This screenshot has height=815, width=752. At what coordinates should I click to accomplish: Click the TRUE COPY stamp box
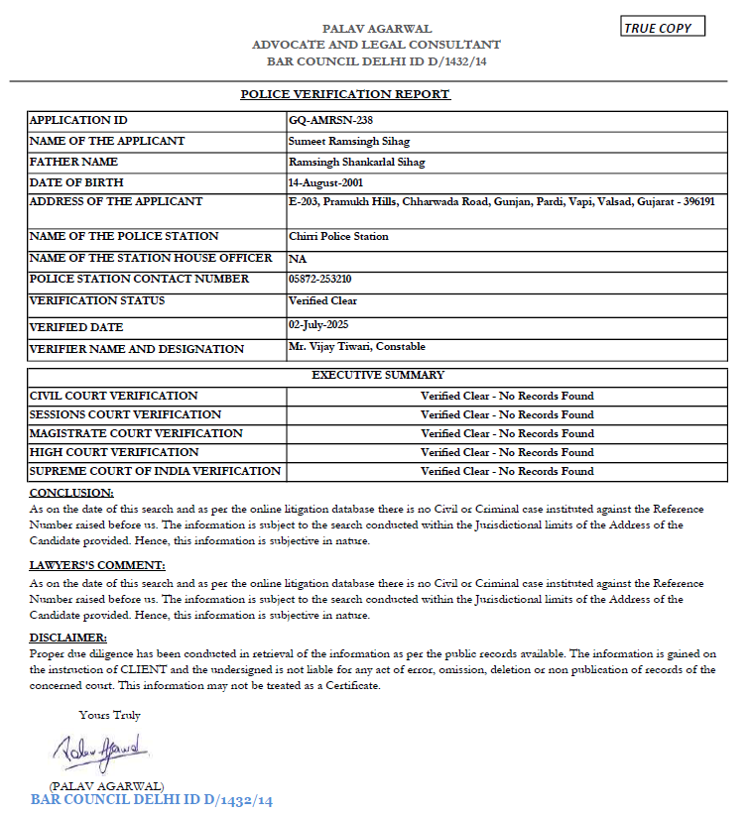coord(663,28)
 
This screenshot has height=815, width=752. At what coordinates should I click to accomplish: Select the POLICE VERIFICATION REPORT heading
coord(345,94)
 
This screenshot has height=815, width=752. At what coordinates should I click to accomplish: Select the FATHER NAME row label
coord(73,162)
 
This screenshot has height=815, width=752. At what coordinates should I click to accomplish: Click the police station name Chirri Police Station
coord(338,237)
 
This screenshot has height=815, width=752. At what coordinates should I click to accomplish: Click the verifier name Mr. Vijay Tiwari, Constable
coord(357,346)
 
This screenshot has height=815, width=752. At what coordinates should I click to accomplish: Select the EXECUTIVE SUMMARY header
coord(378,376)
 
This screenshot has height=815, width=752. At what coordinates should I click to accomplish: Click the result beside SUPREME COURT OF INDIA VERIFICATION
coord(507,471)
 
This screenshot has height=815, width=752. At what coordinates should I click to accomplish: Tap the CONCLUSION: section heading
coord(71,493)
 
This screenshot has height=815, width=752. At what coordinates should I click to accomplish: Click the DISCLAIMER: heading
coord(67,638)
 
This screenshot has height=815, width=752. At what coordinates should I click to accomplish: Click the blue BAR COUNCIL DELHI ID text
coord(152,800)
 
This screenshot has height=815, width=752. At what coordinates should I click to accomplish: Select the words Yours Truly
coord(110,715)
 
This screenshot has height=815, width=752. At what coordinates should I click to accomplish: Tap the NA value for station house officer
coord(296,259)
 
